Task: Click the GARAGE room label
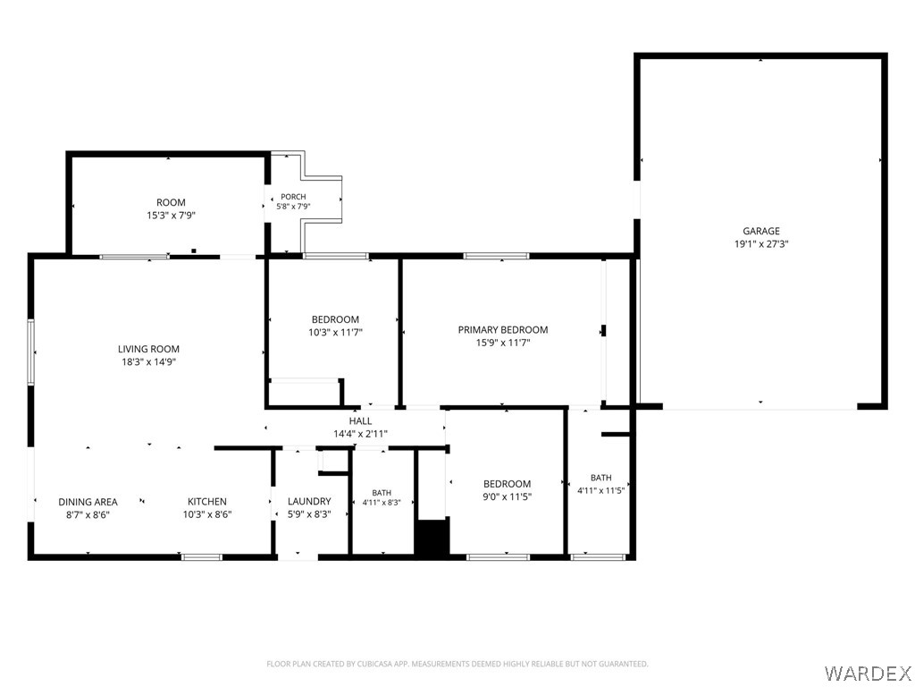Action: pyautogui.click(x=761, y=232)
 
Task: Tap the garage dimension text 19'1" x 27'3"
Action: pyautogui.click(x=761, y=244)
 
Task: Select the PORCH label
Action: pyautogui.click(x=293, y=197)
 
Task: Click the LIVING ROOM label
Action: pyautogui.click(x=149, y=350)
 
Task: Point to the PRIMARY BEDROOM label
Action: pyautogui.click(x=503, y=330)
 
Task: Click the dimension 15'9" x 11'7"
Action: pyautogui.click(x=503, y=343)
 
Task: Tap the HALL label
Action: pyautogui.click(x=361, y=421)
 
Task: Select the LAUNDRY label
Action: pyautogui.click(x=309, y=501)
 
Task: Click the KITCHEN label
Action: pyautogui.click(x=207, y=502)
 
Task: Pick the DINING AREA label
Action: pyautogui.click(x=88, y=502)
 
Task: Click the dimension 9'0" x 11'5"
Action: pyautogui.click(x=508, y=497)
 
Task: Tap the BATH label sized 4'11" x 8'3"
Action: pyautogui.click(x=382, y=493)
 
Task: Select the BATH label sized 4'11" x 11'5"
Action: pyautogui.click(x=601, y=478)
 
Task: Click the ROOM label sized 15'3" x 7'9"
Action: pyautogui.click(x=171, y=203)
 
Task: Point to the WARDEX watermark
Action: pyautogui.click(x=866, y=674)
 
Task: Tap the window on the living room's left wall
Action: pyautogui.click(x=31, y=352)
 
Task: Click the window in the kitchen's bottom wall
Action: pyautogui.click(x=202, y=557)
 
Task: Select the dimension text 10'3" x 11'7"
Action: pyautogui.click(x=336, y=333)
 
